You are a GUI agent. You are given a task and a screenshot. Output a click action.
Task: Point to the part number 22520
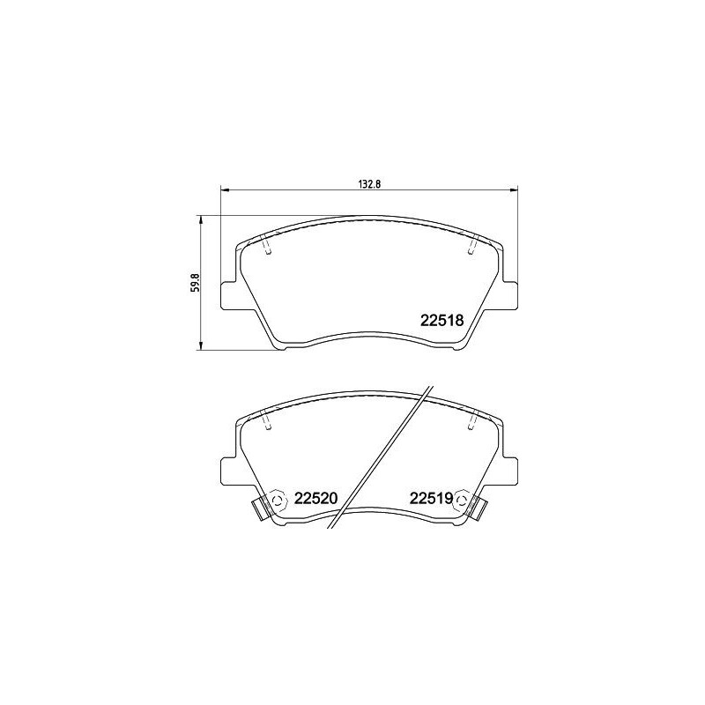(316, 498)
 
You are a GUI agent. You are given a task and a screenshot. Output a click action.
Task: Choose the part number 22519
(430, 498)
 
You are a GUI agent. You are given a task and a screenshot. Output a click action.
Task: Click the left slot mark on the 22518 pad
(269, 248)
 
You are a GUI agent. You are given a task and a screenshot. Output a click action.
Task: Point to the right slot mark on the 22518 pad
(471, 248)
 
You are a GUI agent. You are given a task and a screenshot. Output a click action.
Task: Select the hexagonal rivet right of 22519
(461, 499)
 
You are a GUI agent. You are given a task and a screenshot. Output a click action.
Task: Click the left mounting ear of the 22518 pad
(228, 295)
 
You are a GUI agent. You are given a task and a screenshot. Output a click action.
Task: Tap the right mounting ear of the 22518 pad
(511, 295)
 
